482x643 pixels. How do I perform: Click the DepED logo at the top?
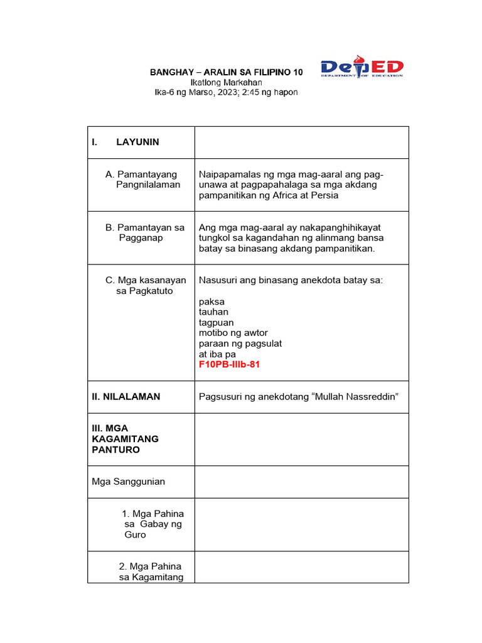pyautogui.click(x=362, y=67)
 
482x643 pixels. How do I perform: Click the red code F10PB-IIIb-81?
pyautogui.click(x=229, y=365)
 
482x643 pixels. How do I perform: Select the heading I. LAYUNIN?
pyautogui.click(x=126, y=142)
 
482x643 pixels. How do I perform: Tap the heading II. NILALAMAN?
pyautogui.click(x=126, y=396)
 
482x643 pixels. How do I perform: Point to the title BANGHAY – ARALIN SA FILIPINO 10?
pyautogui.click(x=226, y=72)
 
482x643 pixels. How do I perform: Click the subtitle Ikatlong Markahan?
pyautogui.click(x=226, y=82)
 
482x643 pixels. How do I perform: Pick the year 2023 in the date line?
pyautogui.click(x=232, y=92)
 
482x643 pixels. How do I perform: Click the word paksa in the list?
pyautogui.click(x=212, y=301)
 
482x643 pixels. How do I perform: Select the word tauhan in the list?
pyautogui.click(x=213, y=312)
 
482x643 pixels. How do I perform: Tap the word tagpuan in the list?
pyautogui.click(x=216, y=323)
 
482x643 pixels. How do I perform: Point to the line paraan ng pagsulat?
pyautogui.click(x=240, y=343)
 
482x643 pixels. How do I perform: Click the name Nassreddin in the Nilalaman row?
pyautogui.click(x=367, y=396)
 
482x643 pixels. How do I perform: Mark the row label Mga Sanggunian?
pyautogui.click(x=128, y=482)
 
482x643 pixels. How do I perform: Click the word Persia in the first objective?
pyautogui.click(x=324, y=195)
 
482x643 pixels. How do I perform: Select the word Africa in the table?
pyautogui.click(x=289, y=195)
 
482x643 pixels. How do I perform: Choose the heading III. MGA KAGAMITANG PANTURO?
pyautogui.click(x=125, y=439)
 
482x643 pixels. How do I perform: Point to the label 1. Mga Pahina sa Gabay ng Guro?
pyautogui.click(x=153, y=524)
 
